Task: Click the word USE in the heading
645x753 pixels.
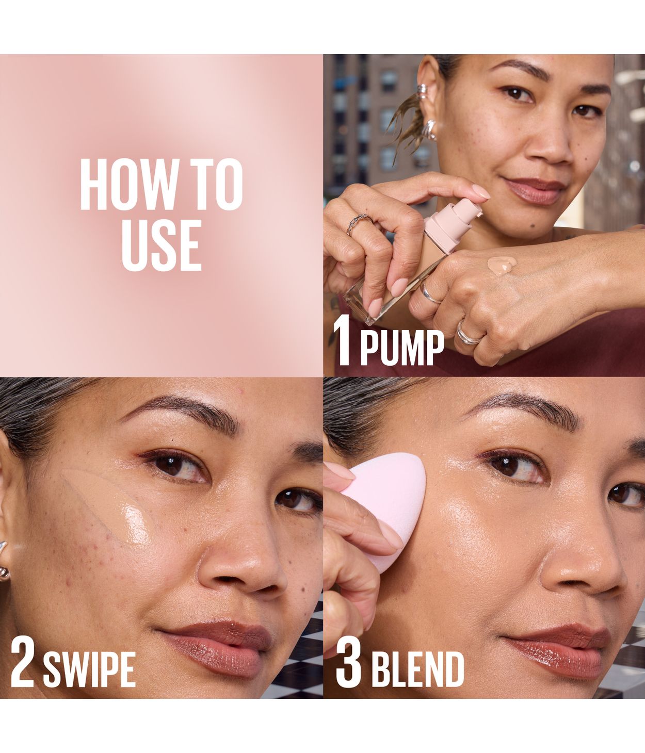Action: tap(161, 245)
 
